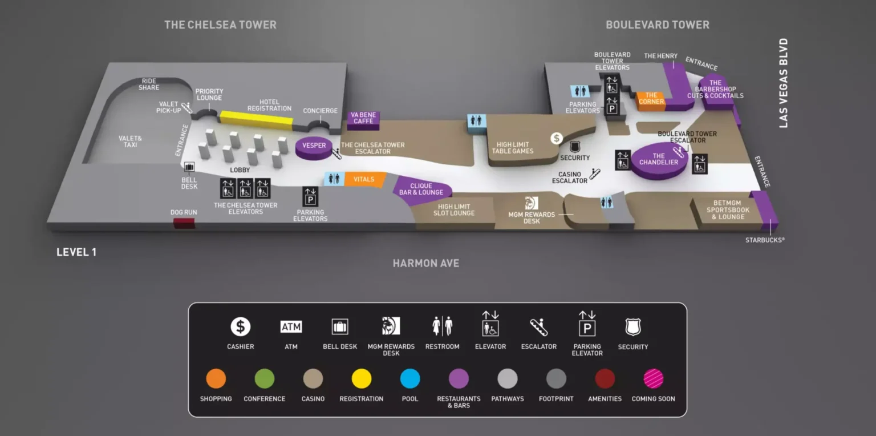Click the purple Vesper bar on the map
[x=314, y=148]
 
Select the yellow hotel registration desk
[x=257, y=120]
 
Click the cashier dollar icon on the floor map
[x=557, y=138]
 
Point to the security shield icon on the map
[x=574, y=147]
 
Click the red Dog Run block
[x=184, y=223]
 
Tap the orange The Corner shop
[x=651, y=101]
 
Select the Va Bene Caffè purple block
[x=363, y=120]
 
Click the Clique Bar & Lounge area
[x=422, y=190]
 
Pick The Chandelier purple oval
[x=659, y=161]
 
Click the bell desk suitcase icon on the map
[x=189, y=168]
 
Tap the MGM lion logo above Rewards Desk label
[x=532, y=203]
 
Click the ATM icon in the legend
[x=291, y=326]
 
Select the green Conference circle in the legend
[x=265, y=378]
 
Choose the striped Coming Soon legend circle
[x=653, y=378]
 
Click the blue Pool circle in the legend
[x=410, y=378]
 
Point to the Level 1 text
[x=76, y=252]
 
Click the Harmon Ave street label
[x=426, y=263]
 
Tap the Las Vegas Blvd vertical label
[x=783, y=83]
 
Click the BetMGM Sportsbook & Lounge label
[x=728, y=210]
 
